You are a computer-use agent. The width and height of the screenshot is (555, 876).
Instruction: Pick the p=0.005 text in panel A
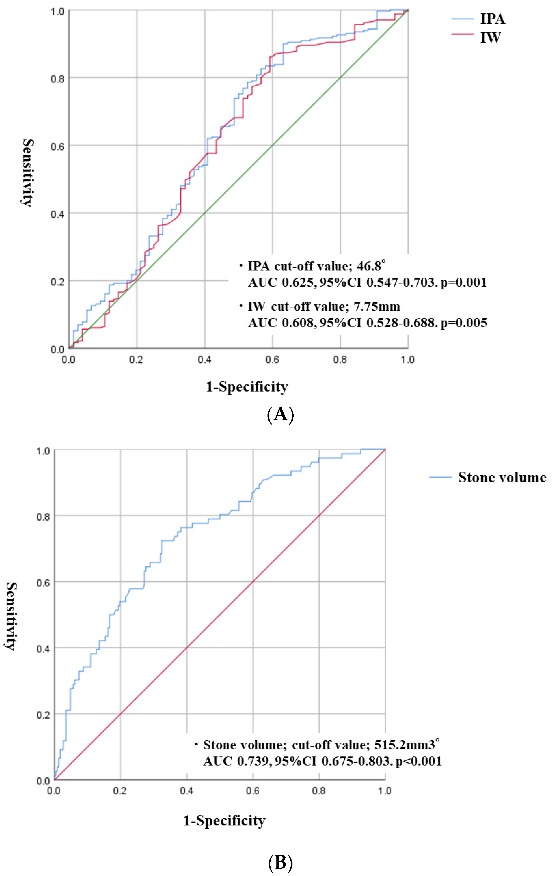(464, 323)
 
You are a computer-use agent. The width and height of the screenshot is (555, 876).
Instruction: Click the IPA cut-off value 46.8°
(371, 266)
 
